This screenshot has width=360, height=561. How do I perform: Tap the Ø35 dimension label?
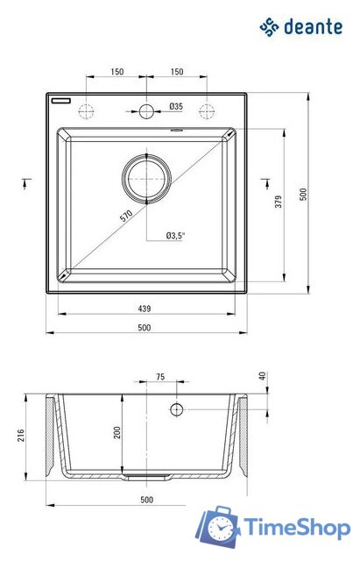[176, 107]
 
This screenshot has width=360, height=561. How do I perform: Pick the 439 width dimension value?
[145, 308]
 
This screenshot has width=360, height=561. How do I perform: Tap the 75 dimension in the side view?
[159, 377]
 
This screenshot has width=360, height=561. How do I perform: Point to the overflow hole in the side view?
[176, 410]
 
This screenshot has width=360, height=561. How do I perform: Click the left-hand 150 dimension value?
[116, 72]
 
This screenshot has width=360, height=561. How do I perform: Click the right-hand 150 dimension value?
[177, 72]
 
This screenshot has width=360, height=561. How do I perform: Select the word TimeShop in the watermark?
[297, 526]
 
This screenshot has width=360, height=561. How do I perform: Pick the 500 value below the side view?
[146, 500]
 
